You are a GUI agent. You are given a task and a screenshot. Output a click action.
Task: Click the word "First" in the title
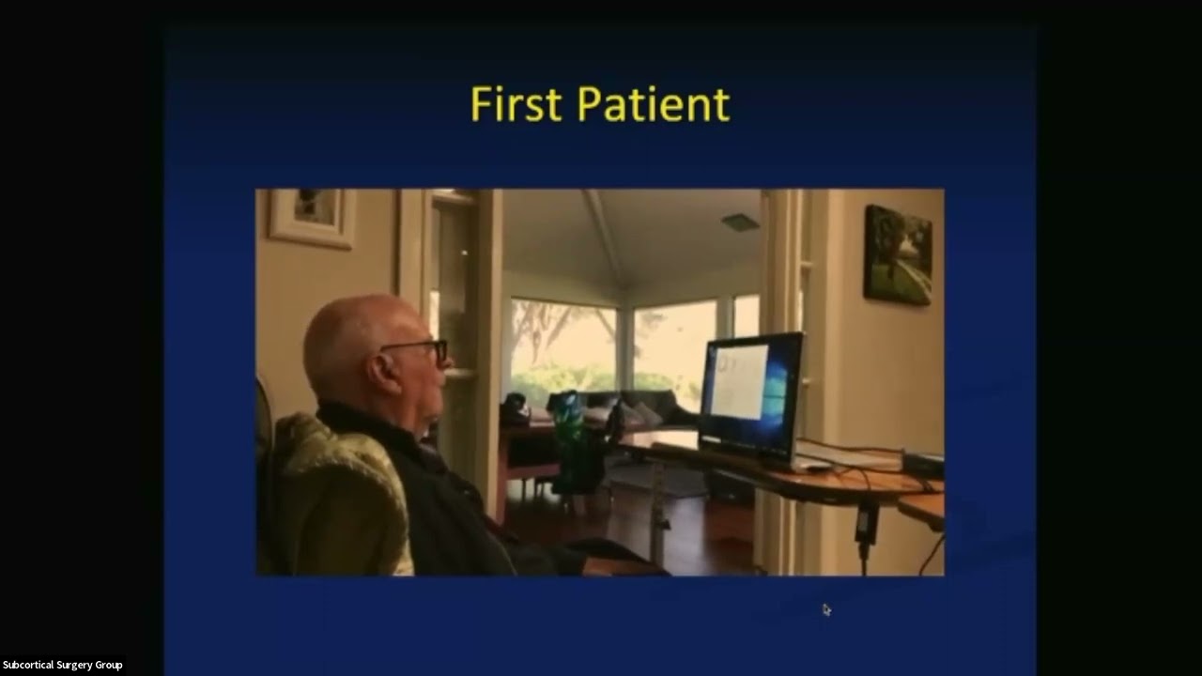(517, 104)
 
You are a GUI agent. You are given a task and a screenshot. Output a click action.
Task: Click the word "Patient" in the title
(654, 104)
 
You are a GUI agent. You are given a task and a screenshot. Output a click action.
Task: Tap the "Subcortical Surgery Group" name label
(62, 665)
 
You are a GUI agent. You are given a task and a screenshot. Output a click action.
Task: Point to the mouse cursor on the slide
(826, 609)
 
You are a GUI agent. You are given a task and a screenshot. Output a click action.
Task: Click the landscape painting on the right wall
(897, 254)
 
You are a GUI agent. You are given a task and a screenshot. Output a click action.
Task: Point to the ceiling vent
(740, 222)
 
